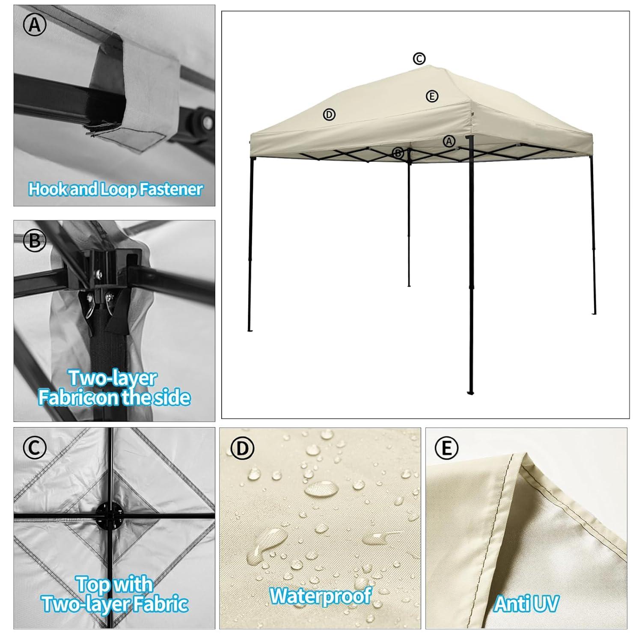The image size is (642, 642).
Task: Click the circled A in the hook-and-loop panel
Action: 34,25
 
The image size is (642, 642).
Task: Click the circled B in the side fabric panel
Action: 34,241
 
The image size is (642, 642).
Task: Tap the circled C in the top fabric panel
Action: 34,448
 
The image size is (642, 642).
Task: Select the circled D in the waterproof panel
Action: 242,448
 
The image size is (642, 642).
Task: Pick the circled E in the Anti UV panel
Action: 446,448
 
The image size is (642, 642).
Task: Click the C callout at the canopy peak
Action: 419,58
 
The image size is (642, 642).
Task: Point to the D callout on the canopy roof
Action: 329,115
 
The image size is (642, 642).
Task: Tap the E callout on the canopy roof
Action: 432,96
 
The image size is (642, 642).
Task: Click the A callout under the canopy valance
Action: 449,141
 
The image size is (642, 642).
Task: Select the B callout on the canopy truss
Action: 398,153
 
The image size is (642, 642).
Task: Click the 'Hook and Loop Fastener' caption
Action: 115,189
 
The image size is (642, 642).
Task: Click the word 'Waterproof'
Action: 320,595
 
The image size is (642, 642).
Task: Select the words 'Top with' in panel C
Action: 114,585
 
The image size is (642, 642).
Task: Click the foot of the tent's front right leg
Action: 471,392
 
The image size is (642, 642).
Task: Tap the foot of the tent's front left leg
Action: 250,330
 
